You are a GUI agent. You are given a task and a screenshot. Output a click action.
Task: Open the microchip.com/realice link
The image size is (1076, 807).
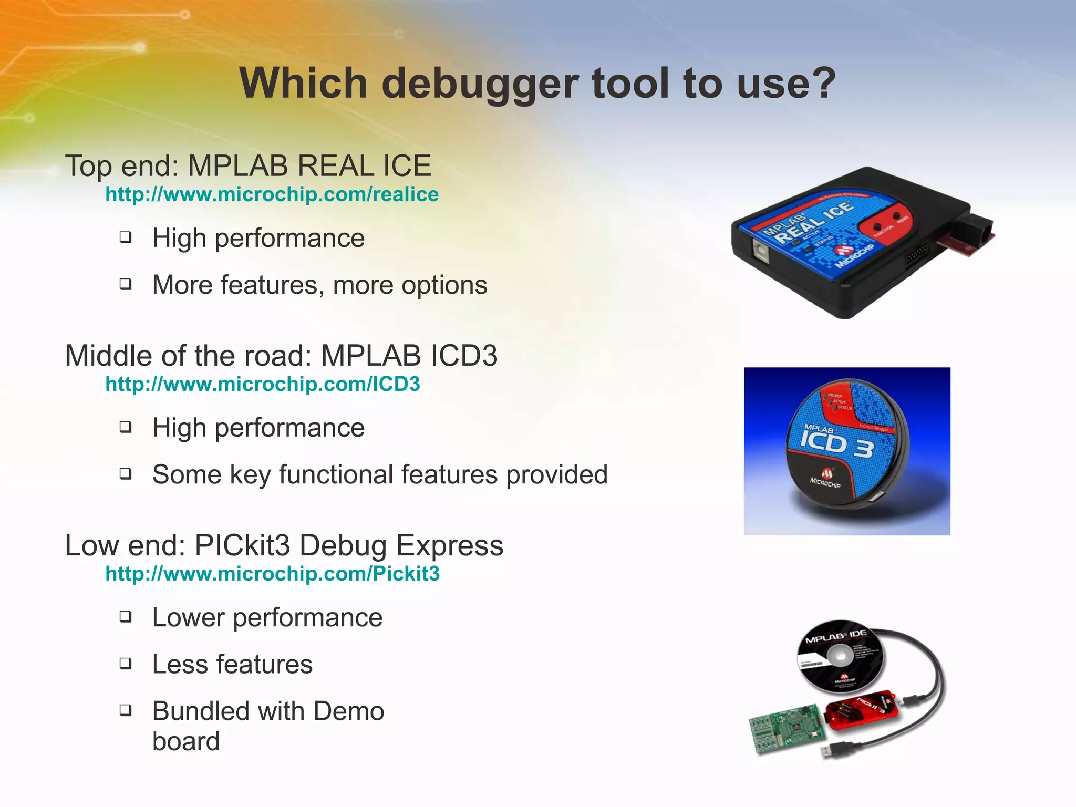point(272,194)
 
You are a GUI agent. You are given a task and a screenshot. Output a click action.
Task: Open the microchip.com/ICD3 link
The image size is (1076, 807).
point(262,384)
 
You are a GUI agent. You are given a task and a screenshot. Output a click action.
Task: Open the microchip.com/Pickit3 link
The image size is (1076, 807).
point(272,574)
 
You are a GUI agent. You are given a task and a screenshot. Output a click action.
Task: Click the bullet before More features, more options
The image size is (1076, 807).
point(125,284)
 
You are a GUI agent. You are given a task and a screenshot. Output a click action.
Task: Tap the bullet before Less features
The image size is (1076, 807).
point(125,664)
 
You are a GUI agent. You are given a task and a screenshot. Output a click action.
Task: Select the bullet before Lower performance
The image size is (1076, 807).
point(125,616)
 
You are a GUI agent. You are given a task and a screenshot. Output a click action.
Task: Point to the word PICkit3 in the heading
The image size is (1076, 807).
point(242,545)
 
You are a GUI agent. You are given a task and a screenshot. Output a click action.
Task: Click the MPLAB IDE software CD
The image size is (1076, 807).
point(840,657)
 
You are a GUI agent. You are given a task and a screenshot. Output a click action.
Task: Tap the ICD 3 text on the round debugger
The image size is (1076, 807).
point(835,444)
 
